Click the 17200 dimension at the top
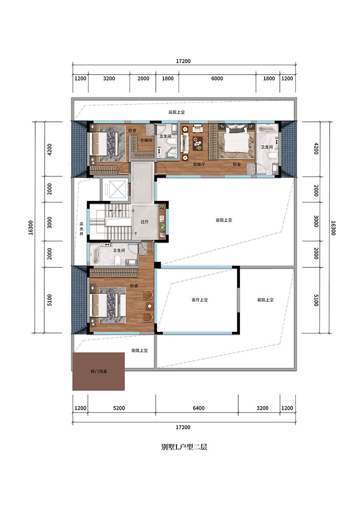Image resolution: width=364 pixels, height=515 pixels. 183,61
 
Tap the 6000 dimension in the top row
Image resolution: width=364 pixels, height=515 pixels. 217,79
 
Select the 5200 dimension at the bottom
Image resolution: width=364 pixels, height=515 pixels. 119,408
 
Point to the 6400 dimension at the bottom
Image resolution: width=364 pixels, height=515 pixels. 199,408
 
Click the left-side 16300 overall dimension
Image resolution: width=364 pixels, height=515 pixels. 30,227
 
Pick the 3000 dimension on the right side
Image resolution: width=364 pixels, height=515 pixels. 316,221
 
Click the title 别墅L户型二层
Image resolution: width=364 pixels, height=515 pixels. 184,447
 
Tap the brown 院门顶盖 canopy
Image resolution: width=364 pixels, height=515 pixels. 99,371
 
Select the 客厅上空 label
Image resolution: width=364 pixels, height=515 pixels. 200,300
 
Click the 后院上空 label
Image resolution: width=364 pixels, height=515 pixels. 176,112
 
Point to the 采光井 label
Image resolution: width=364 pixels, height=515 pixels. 82,229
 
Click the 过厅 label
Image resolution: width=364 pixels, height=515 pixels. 144,222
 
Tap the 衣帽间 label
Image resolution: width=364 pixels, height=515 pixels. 146,140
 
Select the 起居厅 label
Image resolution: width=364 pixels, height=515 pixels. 199,164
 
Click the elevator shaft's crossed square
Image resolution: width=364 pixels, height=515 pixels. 117,189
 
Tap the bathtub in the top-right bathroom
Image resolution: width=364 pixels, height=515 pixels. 267,128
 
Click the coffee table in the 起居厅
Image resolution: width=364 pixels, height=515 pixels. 198,144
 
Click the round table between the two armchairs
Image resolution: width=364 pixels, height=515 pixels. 149,306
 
